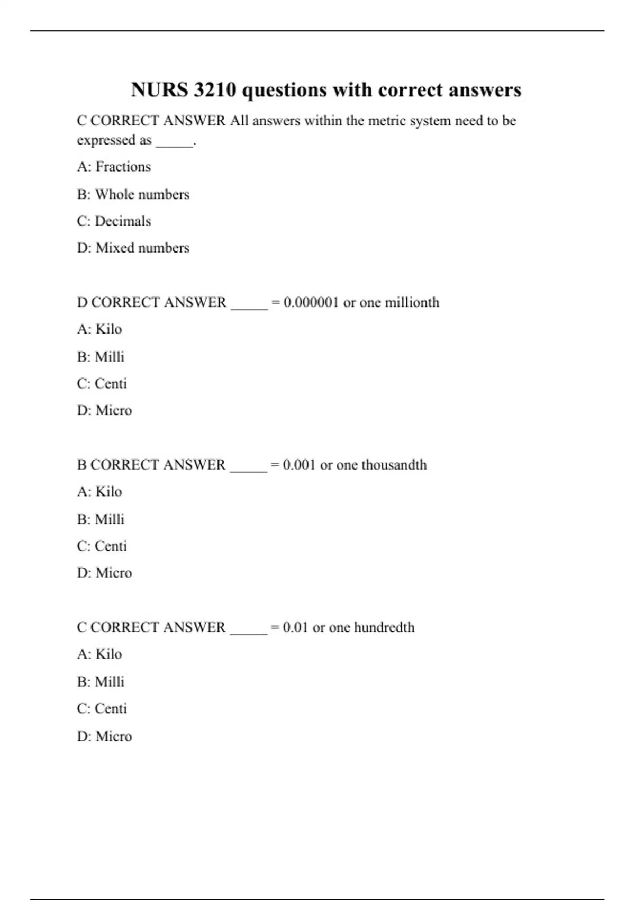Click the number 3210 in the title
pyautogui.click(x=214, y=90)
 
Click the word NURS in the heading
pyautogui.click(x=159, y=90)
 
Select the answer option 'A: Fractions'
pyautogui.click(x=114, y=167)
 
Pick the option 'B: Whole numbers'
pyautogui.click(x=133, y=194)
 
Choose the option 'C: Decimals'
pyautogui.click(x=114, y=221)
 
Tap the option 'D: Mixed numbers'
pyautogui.click(x=133, y=248)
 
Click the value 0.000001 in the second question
pyautogui.click(x=311, y=302)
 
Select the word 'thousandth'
pyautogui.click(x=394, y=465)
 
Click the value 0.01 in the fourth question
pyautogui.click(x=295, y=627)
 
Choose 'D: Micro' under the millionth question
pyautogui.click(x=104, y=410)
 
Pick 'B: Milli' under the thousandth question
pyautogui.click(x=101, y=519)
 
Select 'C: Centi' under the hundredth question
pyautogui.click(x=102, y=708)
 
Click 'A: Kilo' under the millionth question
pyautogui.click(x=99, y=329)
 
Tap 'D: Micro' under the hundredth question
pyautogui.click(x=104, y=736)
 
